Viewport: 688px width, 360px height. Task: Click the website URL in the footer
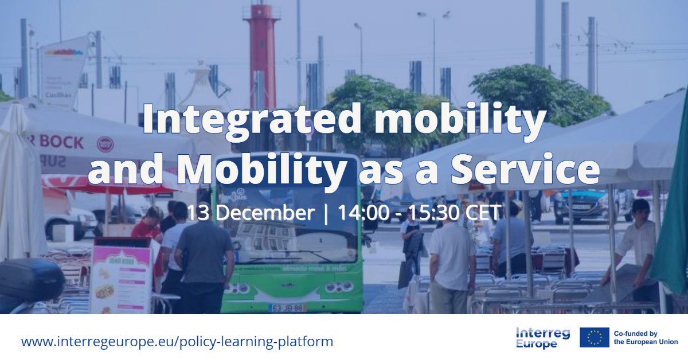tap(177, 342)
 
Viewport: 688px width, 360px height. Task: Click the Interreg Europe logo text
tap(542, 338)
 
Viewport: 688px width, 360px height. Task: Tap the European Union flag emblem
tap(594, 338)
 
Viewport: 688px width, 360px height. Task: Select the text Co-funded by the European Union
tap(646, 338)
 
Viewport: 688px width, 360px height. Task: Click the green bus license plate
tap(287, 307)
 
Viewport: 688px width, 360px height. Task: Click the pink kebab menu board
tap(120, 279)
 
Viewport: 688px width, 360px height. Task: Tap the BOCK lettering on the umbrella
tap(62, 142)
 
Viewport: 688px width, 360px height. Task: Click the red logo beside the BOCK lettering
tap(105, 143)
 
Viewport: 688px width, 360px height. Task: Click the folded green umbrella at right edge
tap(673, 218)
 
